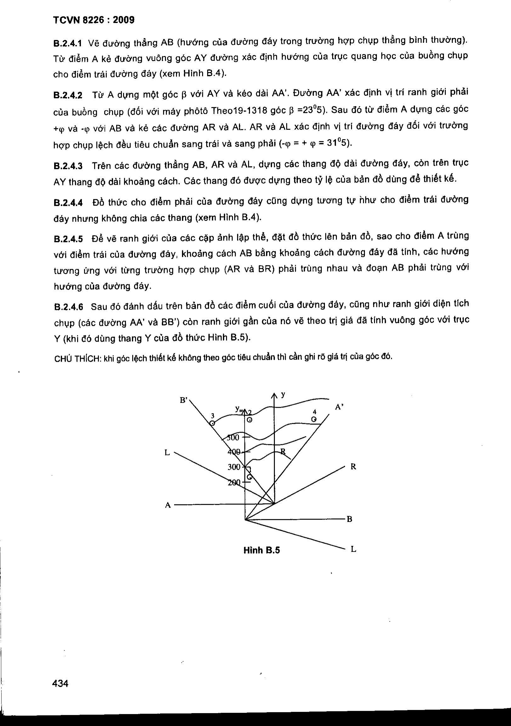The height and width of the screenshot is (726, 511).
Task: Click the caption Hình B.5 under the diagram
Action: [262, 551]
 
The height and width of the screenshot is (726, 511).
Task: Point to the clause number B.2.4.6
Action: [68, 307]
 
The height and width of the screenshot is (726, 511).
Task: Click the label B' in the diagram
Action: [184, 400]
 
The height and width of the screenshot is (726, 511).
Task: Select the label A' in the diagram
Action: [339, 407]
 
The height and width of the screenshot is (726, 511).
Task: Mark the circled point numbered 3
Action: [213, 423]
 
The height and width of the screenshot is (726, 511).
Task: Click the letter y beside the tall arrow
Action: [283, 394]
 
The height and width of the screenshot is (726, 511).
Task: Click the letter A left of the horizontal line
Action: [168, 505]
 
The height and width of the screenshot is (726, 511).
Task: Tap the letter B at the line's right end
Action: [349, 519]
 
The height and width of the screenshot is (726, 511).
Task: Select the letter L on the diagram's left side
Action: [167, 453]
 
